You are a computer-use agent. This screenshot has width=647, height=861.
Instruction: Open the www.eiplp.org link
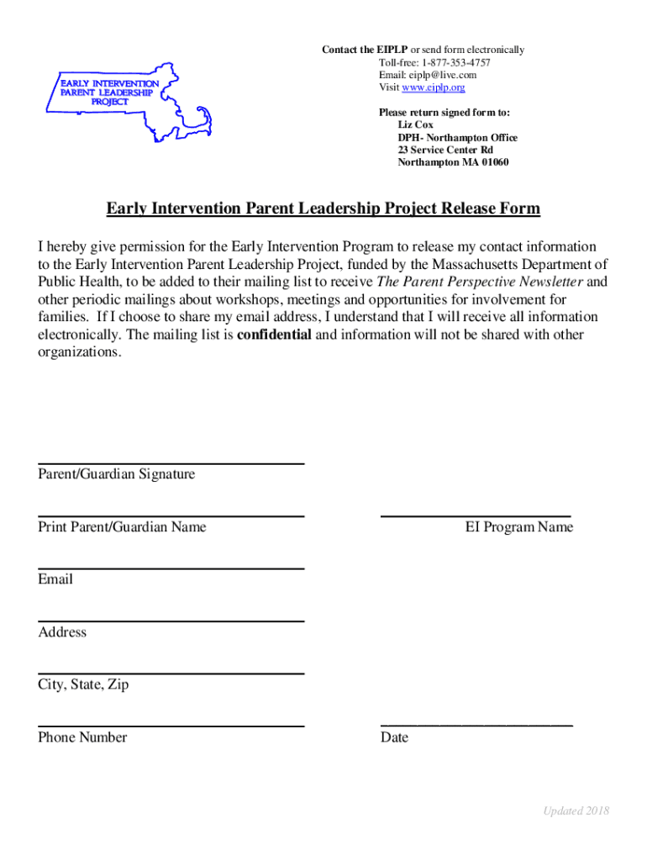click(x=434, y=87)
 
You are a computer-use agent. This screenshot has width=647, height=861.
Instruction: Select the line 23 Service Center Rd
click(x=445, y=150)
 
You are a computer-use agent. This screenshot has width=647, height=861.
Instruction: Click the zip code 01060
click(x=492, y=162)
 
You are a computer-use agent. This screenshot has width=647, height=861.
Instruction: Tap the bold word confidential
click(x=275, y=335)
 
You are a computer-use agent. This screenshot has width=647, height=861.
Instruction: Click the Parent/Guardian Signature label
click(x=116, y=474)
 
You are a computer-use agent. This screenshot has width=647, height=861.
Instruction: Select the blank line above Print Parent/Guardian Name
click(x=171, y=515)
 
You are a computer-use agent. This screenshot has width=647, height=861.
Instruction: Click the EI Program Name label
click(x=519, y=527)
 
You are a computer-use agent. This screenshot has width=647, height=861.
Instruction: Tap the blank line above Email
click(x=171, y=568)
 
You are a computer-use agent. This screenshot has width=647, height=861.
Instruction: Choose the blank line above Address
click(x=171, y=621)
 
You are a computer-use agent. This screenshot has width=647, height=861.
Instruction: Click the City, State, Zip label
click(x=83, y=684)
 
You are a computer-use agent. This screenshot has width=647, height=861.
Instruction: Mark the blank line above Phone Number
click(x=171, y=726)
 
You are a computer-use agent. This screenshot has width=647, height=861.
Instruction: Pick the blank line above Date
click(x=476, y=724)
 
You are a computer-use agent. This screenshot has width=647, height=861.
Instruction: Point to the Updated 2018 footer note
click(x=576, y=811)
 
